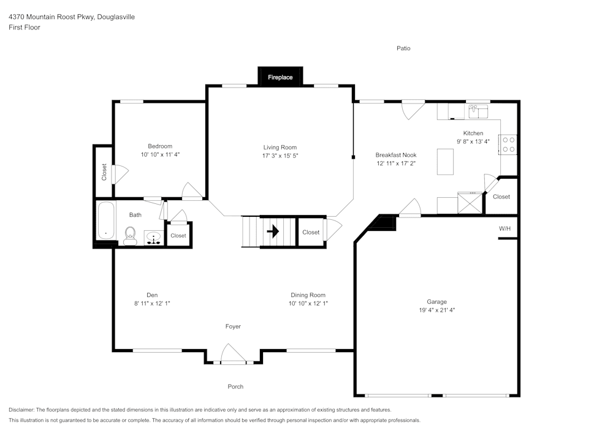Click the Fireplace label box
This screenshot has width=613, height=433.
[280, 77]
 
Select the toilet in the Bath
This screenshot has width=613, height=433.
[129, 236]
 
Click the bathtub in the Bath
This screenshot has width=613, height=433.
[106, 220]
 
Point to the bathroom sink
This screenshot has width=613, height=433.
[153, 238]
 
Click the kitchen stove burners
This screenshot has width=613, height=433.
[509, 144]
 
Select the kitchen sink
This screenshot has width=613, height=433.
[478, 111]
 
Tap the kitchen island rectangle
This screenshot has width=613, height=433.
[446, 161]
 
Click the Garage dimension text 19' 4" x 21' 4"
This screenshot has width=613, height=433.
[436, 310]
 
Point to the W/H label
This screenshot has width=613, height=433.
[504, 228]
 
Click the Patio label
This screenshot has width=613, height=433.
[403, 48]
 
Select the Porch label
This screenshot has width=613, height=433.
[235, 386]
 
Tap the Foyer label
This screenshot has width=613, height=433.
[233, 326]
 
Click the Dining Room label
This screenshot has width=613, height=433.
[308, 295]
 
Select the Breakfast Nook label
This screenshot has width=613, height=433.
[397, 155]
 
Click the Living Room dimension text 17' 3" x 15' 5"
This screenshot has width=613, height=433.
[280, 156]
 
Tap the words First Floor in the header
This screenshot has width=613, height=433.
[25, 28]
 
